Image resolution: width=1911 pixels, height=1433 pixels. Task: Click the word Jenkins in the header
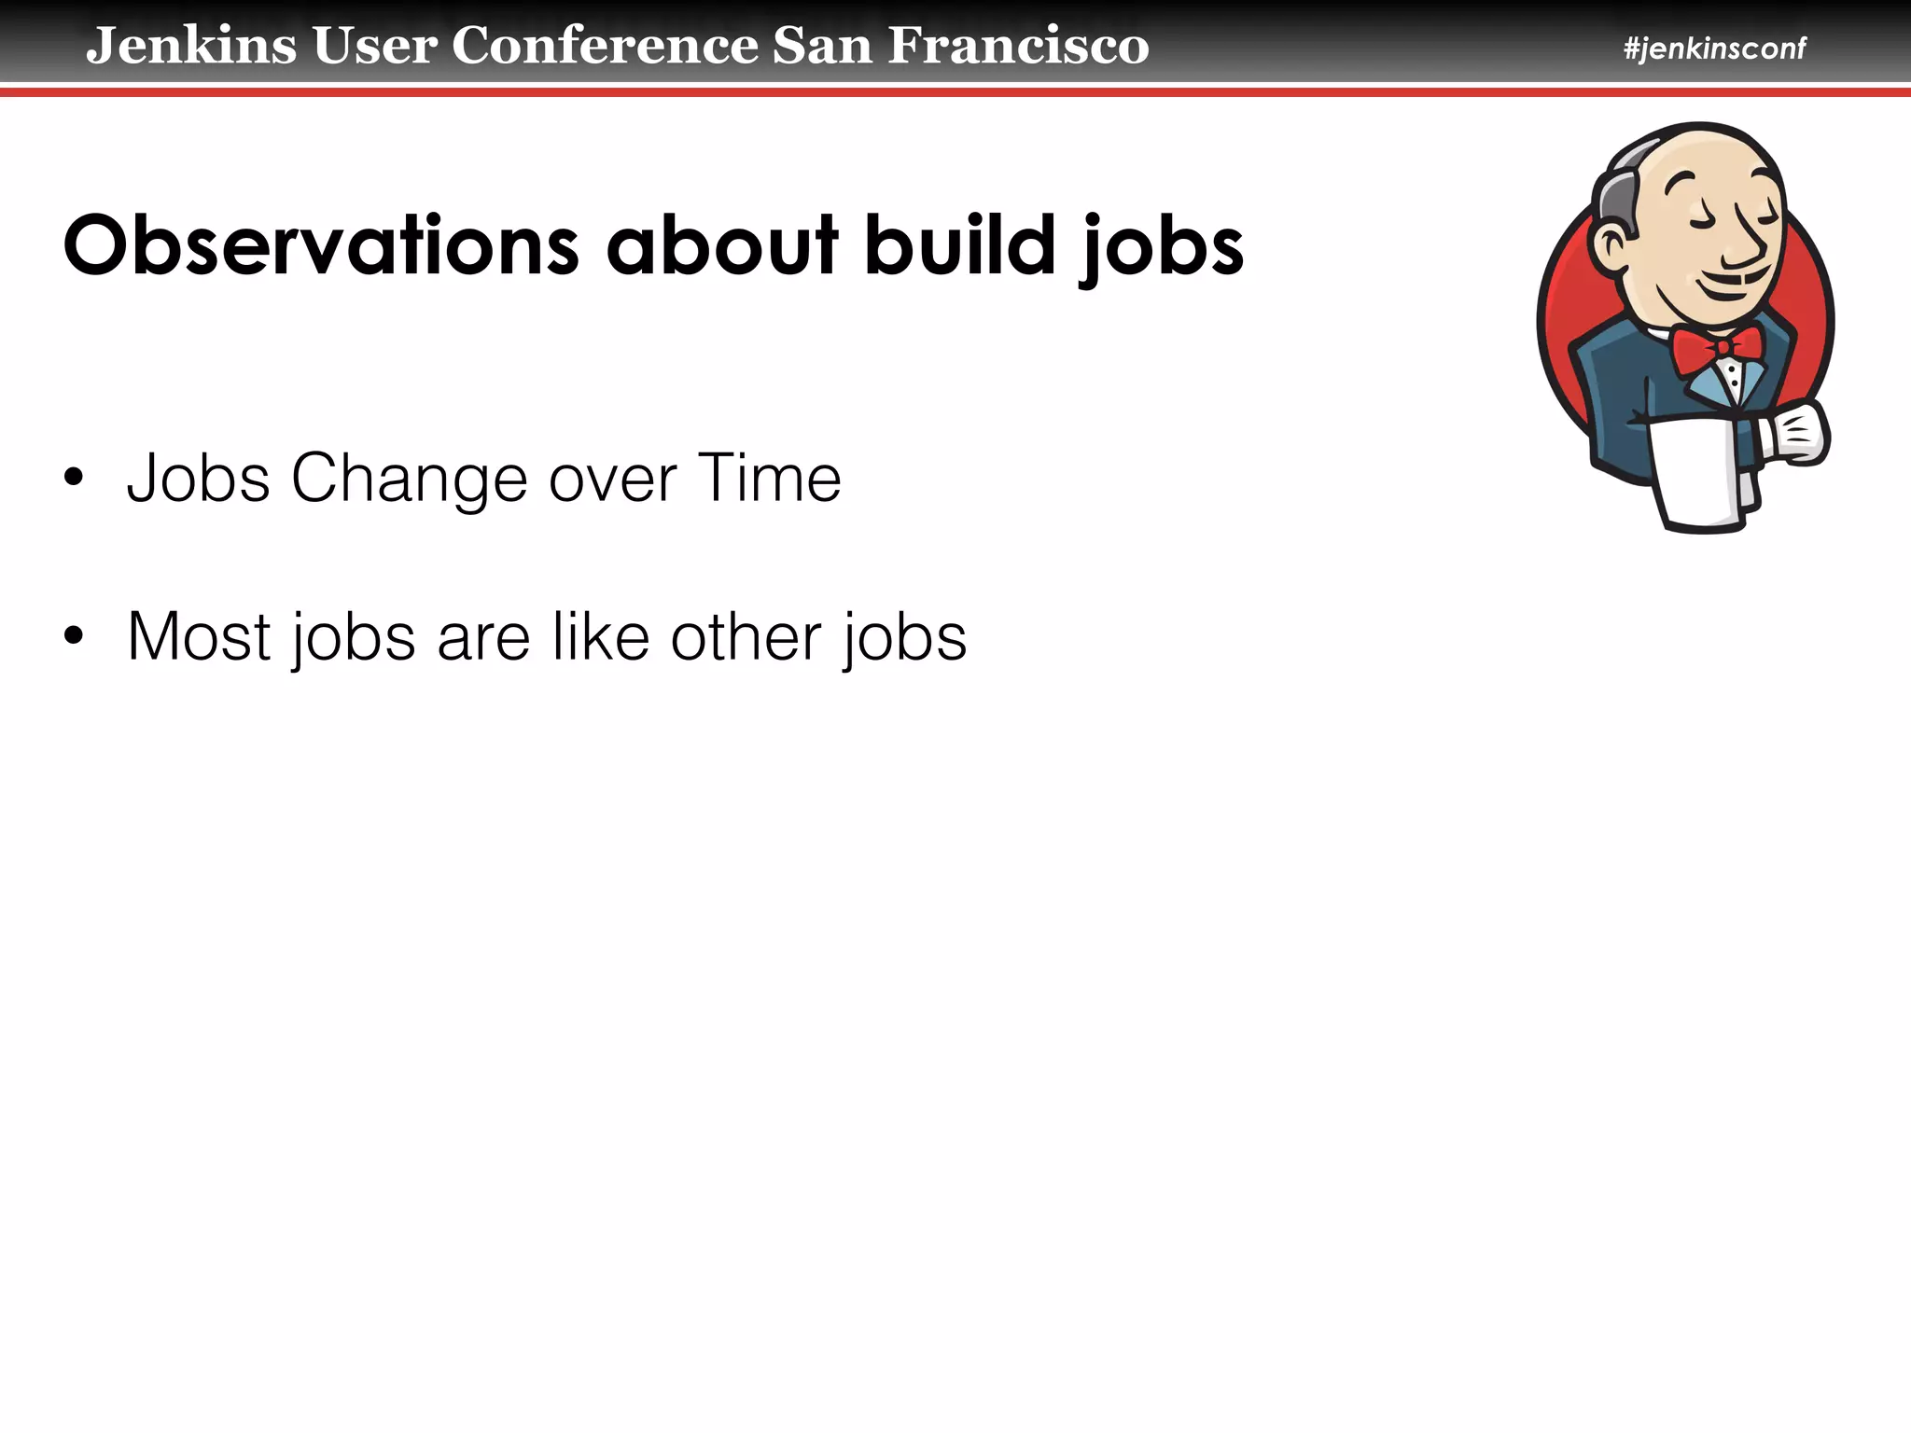(x=191, y=46)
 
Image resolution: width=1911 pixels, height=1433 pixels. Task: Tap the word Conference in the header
(x=606, y=46)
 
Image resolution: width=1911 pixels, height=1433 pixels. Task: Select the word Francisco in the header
(x=1018, y=46)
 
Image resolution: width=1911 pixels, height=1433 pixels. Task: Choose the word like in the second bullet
(x=601, y=637)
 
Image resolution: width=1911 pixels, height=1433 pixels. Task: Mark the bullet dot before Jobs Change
(x=74, y=480)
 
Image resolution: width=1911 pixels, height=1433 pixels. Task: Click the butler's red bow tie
(x=1717, y=349)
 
